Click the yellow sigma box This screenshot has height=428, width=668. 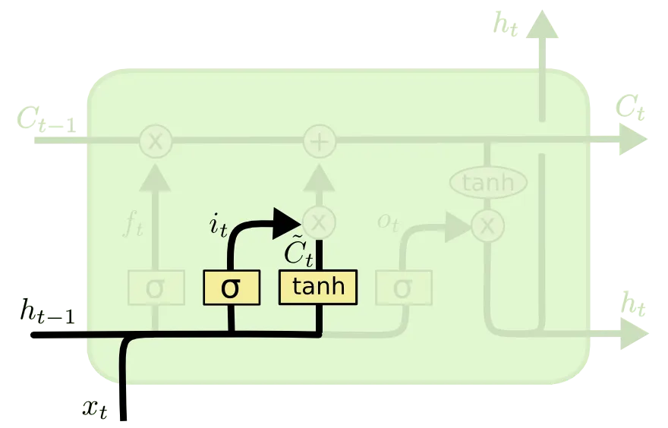pyautogui.click(x=231, y=287)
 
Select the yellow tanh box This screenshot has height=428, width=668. pyautogui.click(x=318, y=287)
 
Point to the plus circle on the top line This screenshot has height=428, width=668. pyautogui.click(x=320, y=141)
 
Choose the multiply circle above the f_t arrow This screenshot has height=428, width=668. pyautogui.click(x=155, y=141)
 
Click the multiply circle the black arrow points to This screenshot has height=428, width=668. pyautogui.click(x=320, y=222)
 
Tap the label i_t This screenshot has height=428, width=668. pyautogui.click(x=218, y=225)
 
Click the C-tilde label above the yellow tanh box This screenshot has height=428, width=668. pyautogui.click(x=298, y=252)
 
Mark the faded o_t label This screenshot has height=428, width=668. pyautogui.click(x=388, y=222)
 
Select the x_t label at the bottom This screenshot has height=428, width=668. pyautogui.click(x=94, y=410)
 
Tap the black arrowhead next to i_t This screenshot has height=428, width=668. pyautogui.click(x=288, y=222)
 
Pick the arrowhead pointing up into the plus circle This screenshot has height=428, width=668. pyautogui.click(x=320, y=179)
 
